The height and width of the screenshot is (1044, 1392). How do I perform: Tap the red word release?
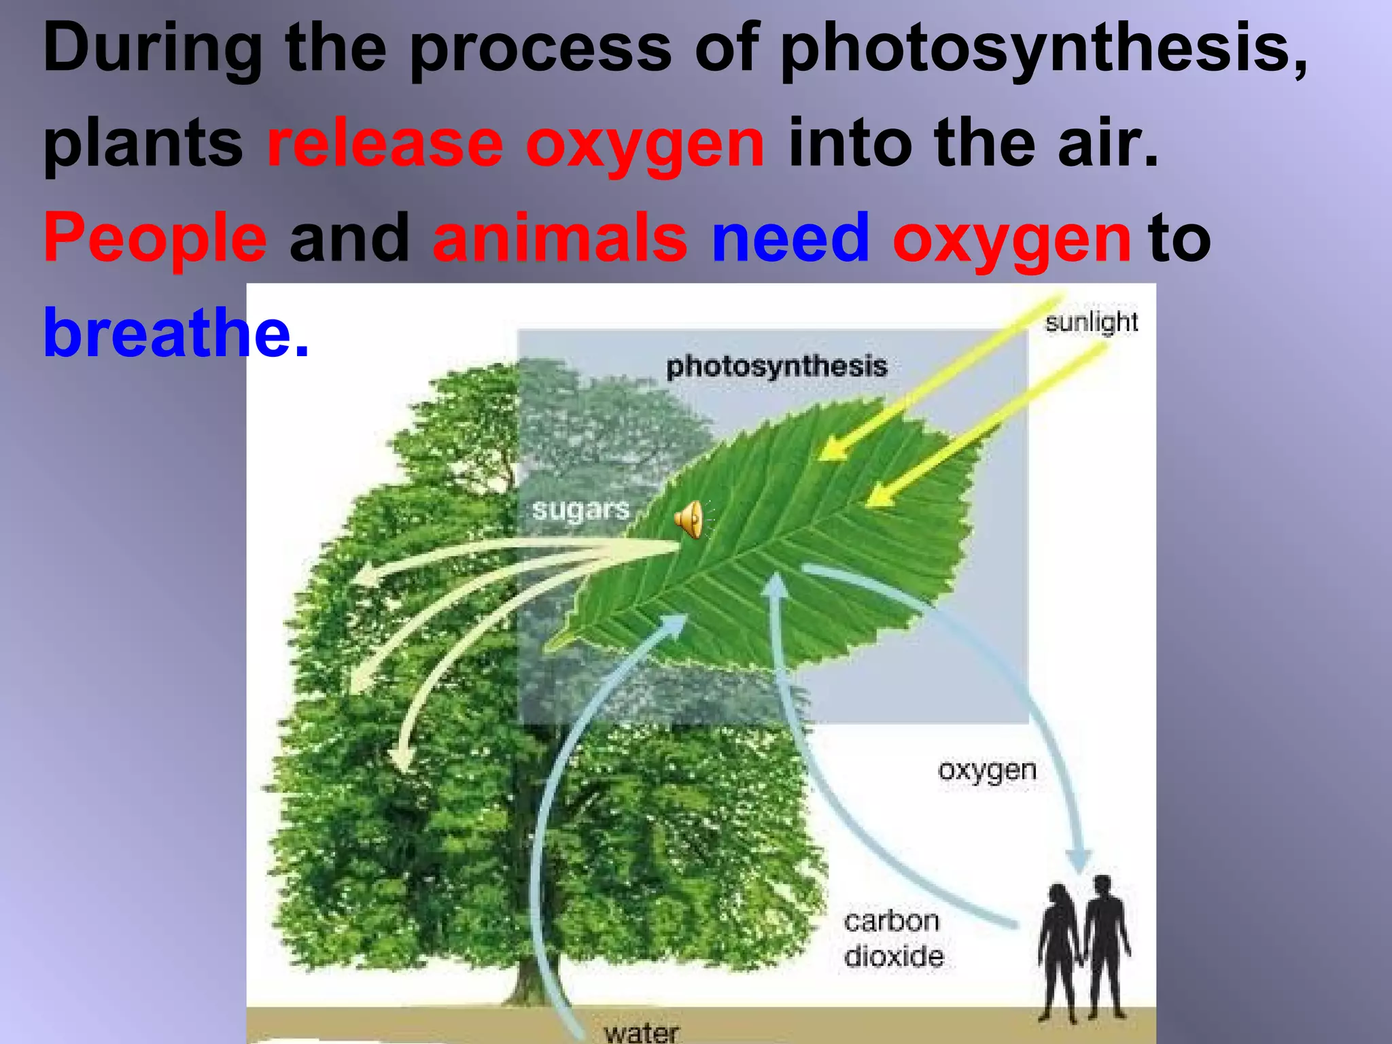click(385, 143)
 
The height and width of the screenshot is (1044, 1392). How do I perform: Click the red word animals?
click(560, 238)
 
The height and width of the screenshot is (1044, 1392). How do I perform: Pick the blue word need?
click(790, 238)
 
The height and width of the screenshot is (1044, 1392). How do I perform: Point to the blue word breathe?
click(167, 333)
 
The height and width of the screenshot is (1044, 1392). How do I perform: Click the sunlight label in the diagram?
click(1091, 322)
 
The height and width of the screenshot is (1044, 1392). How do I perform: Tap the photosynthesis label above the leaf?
click(776, 366)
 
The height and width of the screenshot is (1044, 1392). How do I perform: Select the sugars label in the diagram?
click(580, 510)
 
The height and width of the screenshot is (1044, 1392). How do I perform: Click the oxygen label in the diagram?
click(987, 771)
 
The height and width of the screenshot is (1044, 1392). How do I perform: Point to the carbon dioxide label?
click(893, 939)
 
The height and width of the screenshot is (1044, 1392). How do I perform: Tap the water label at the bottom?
click(641, 1032)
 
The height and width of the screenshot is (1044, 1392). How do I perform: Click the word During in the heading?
click(152, 49)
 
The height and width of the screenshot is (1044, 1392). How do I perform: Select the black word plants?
click(143, 145)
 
